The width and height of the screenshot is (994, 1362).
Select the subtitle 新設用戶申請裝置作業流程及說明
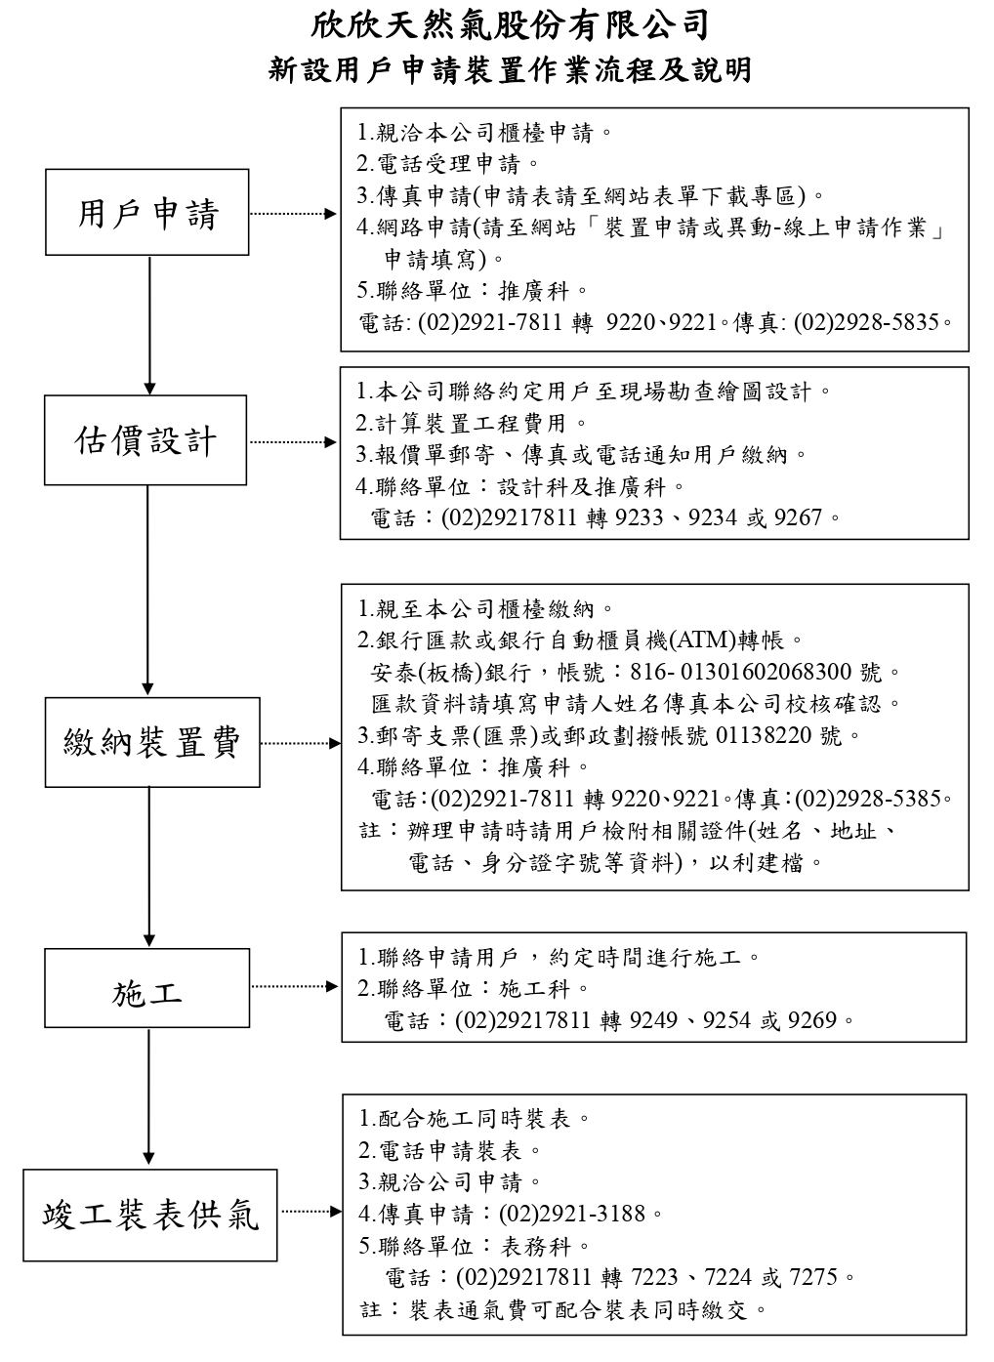point(510,71)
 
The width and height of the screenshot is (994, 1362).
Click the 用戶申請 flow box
point(147,213)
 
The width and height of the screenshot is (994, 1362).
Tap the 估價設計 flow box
point(146,440)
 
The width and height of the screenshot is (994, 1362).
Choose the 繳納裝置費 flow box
point(152,742)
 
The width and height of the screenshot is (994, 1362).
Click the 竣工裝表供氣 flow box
point(151,1214)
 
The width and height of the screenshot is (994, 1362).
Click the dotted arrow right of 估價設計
point(293,441)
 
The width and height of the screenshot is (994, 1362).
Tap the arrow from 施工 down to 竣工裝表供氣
point(148,1097)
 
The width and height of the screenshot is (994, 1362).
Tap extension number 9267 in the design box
point(798,517)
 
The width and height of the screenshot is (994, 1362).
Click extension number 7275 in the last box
point(813,1276)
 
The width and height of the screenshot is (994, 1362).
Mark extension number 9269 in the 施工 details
point(812,1020)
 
